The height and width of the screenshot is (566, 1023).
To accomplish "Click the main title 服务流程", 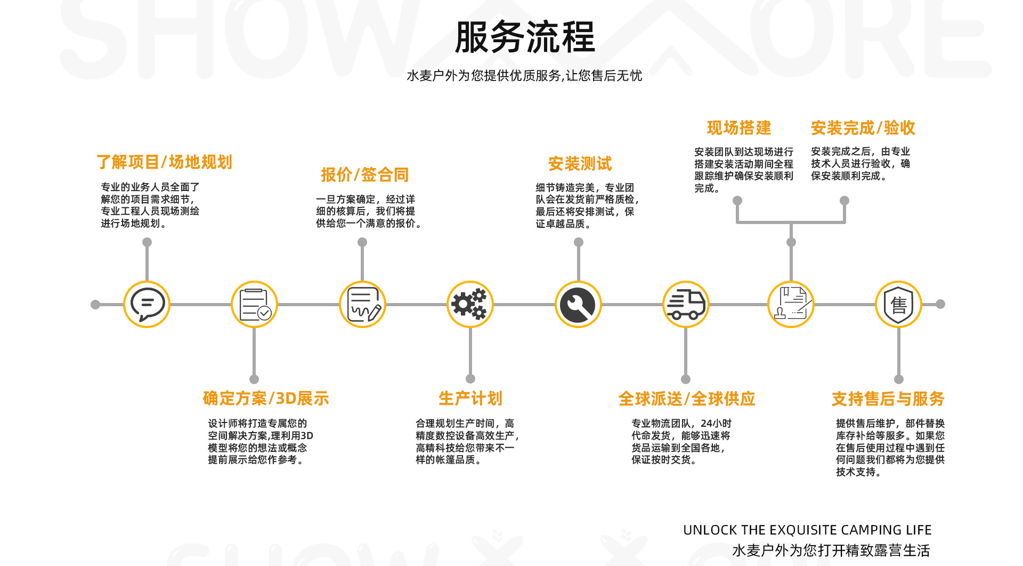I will click(525, 37).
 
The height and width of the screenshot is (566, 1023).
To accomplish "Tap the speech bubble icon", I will click(147, 304).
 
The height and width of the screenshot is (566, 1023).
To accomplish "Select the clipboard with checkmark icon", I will click(255, 304).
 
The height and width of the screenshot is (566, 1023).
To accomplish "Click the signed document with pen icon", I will click(363, 304).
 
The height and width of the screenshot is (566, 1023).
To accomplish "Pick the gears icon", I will click(470, 304).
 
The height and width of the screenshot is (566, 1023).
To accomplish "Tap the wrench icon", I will click(578, 304).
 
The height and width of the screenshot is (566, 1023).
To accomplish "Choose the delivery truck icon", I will click(686, 304).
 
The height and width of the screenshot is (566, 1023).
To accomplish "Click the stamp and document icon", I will click(791, 304).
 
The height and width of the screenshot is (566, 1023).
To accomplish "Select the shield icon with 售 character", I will click(899, 304).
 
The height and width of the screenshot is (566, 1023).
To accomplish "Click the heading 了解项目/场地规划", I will click(164, 162).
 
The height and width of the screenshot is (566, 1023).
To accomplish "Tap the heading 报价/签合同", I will click(364, 175).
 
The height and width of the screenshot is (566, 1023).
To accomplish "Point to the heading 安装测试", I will click(580, 164).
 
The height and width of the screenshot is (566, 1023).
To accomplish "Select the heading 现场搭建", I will click(739, 128).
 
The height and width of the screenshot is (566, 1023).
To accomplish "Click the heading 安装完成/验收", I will click(863, 128).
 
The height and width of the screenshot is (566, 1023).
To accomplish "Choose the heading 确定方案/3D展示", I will click(266, 398).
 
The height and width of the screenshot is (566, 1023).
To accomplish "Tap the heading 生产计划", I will click(470, 398).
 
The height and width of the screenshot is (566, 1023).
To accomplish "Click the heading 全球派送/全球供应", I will click(686, 399).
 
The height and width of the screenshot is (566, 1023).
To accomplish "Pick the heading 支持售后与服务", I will click(888, 399).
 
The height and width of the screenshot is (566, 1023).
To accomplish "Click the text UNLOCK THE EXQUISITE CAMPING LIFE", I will click(807, 530).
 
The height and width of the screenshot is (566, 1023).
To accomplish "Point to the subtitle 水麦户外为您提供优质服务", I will click(524, 76).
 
